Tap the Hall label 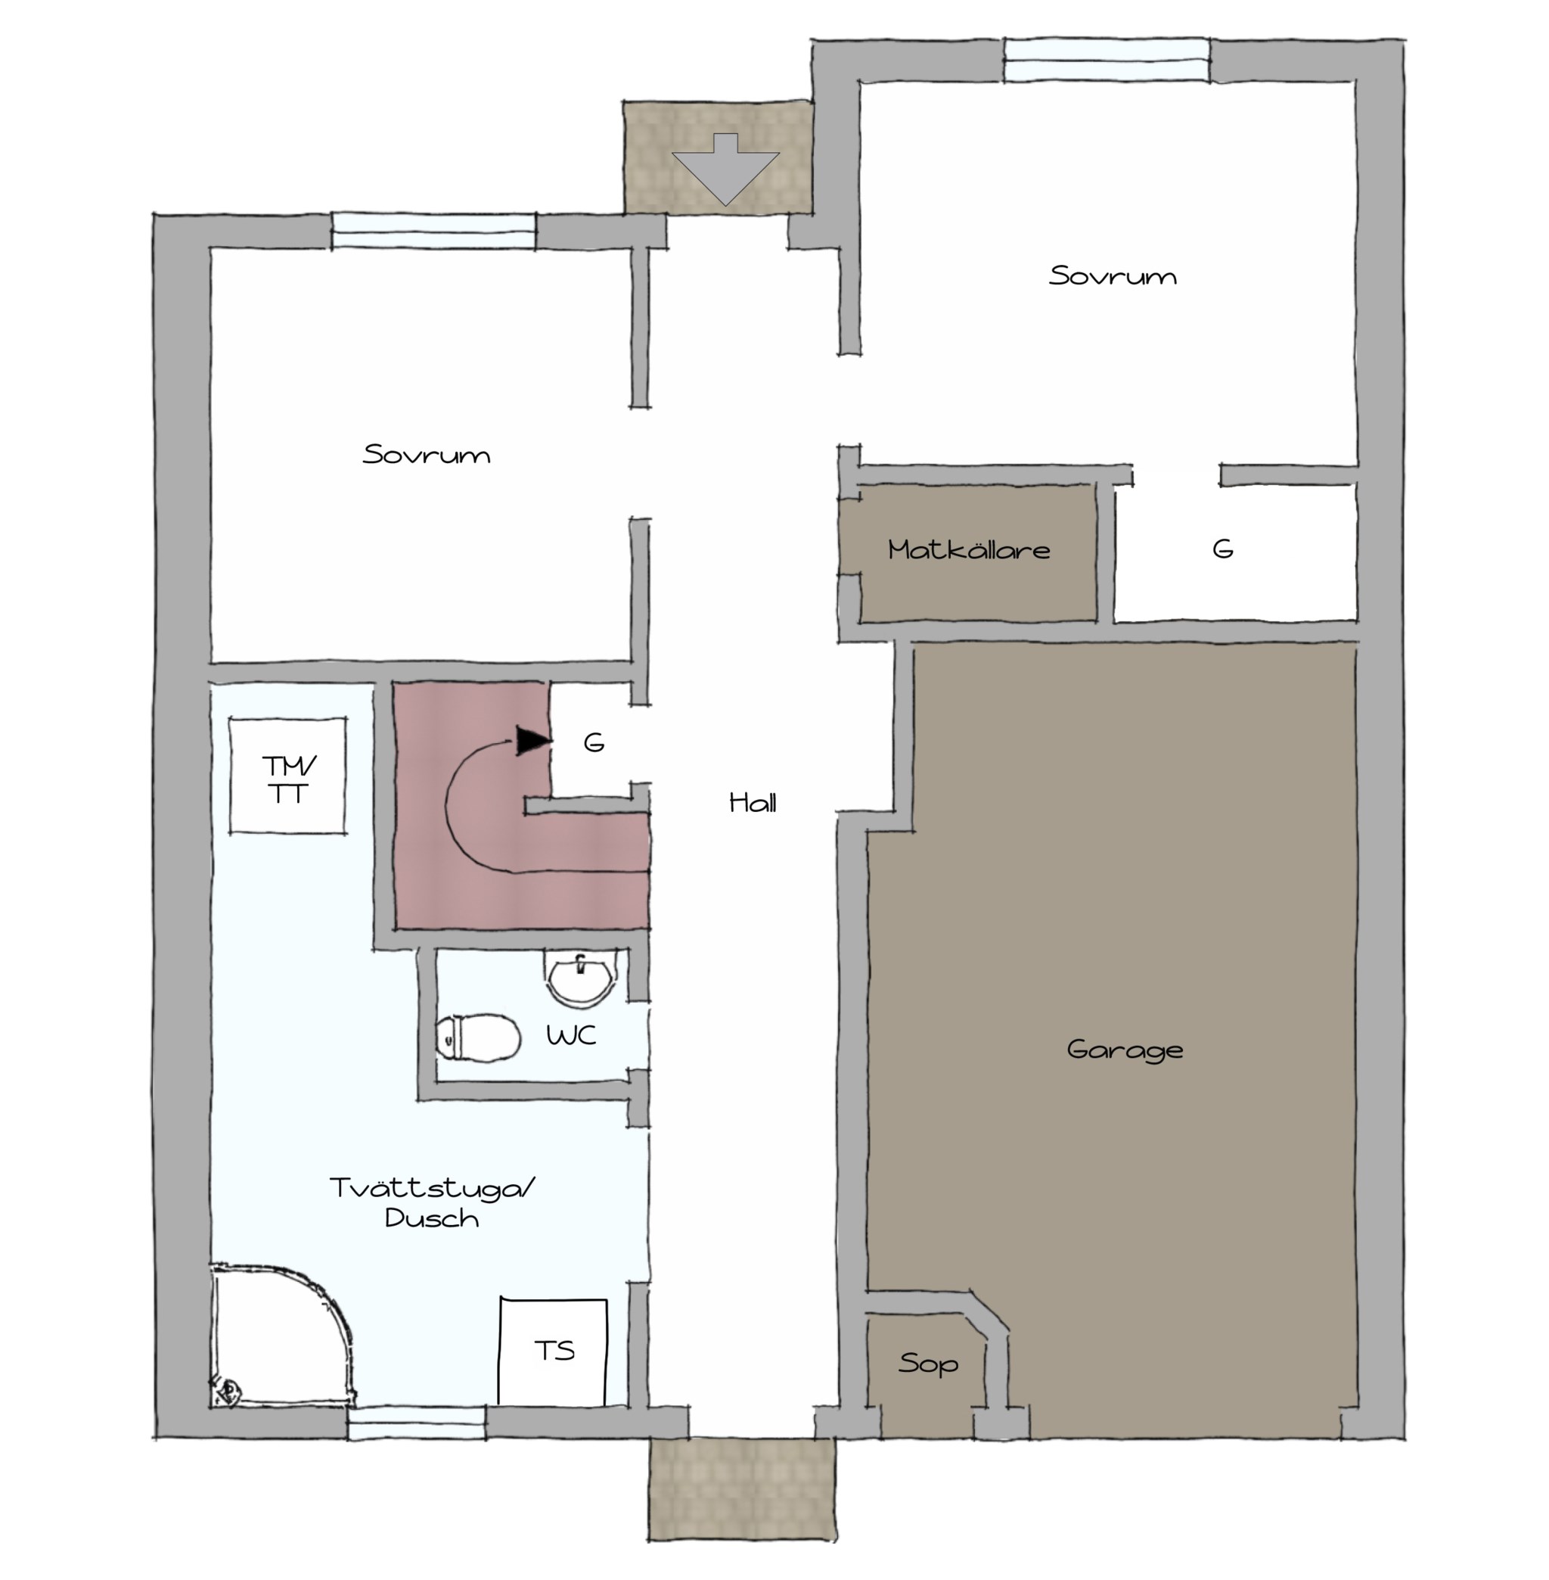pyautogui.click(x=753, y=804)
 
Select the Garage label pyautogui.click(x=1125, y=1050)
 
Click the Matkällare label pyautogui.click(x=969, y=549)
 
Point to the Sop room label pyautogui.click(x=928, y=1363)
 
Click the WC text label pyautogui.click(x=571, y=1035)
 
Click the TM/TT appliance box pyautogui.click(x=287, y=776)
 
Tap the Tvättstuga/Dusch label pyautogui.click(x=432, y=1202)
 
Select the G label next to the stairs pyautogui.click(x=594, y=742)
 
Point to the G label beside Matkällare pyautogui.click(x=1223, y=549)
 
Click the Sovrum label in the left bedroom pyautogui.click(x=427, y=454)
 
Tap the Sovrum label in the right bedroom pyautogui.click(x=1112, y=276)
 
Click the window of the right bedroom pyautogui.click(x=1107, y=61)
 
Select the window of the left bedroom pyautogui.click(x=433, y=230)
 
